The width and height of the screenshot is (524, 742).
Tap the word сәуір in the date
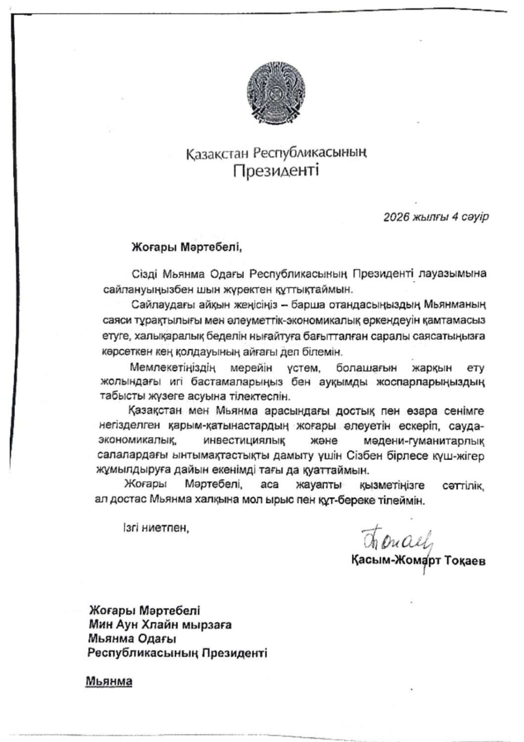[474, 217]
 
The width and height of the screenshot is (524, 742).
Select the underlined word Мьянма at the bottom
[109, 681]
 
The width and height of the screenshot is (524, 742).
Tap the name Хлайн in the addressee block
[161, 624]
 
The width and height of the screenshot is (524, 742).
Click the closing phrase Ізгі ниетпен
[156, 528]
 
